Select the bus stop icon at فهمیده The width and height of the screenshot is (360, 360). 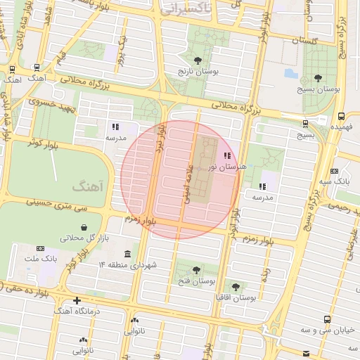pyautogui.click(x=341, y=117)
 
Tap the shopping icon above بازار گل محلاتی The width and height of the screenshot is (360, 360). pyautogui.click(x=84, y=227)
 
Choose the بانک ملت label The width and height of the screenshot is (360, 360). pyautogui.click(x=39, y=259)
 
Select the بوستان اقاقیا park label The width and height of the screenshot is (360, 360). pyautogui.click(x=236, y=298)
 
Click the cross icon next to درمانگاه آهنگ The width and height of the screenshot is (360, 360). pyautogui.click(x=77, y=301)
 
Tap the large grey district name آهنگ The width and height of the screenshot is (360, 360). pyautogui.click(x=89, y=188)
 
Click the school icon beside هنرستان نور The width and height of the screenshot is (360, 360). pyautogui.click(x=226, y=155)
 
